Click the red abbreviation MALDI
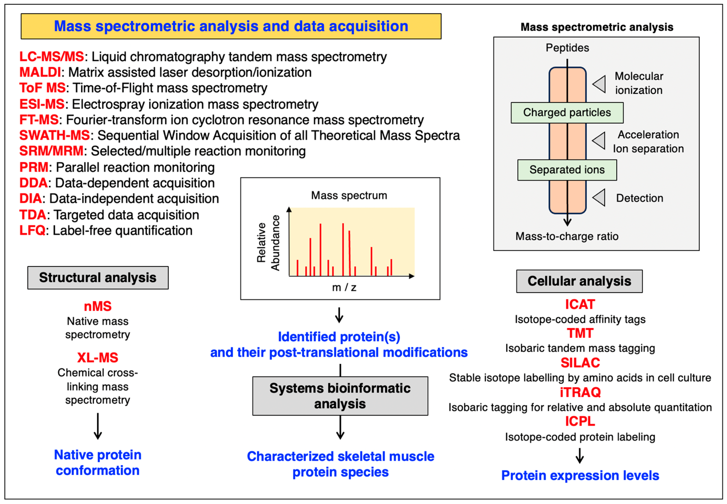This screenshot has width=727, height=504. click(x=40, y=72)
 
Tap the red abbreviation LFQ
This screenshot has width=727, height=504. click(x=32, y=231)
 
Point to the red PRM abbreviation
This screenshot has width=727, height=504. click(x=34, y=167)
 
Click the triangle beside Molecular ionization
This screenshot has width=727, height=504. click(x=599, y=84)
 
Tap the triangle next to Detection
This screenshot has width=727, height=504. click(x=599, y=198)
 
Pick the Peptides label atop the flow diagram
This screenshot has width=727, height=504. click(x=567, y=48)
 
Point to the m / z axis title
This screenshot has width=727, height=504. click(x=344, y=287)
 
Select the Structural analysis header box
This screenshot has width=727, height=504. click(x=98, y=277)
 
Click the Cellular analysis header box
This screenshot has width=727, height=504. click(x=579, y=281)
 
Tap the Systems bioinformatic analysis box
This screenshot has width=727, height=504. click(x=340, y=396)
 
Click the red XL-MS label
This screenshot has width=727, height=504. click(x=98, y=357)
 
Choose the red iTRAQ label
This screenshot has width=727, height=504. click(x=580, y=392)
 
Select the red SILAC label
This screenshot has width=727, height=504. click(x=580, y=362)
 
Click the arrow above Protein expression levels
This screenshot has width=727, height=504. click(x=579, y=456)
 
